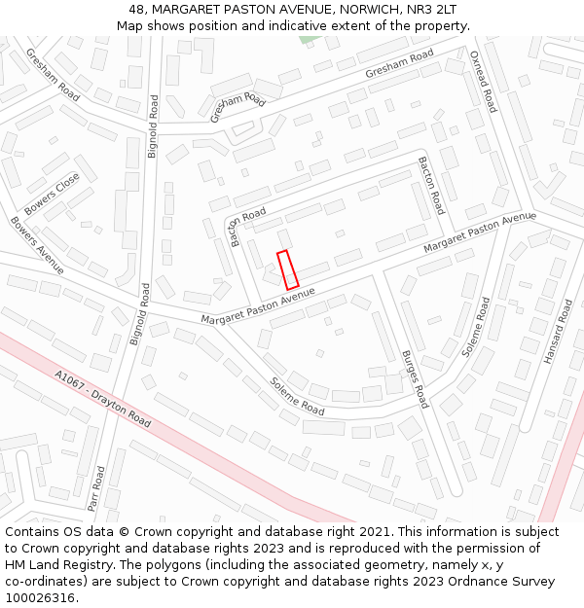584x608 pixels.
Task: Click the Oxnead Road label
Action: coord(484,82)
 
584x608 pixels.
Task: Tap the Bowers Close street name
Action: coord(52,194)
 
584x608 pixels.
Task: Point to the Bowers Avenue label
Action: coord(37,244)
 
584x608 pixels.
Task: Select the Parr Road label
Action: coord(95,487)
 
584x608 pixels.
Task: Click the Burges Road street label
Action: coord(415,379)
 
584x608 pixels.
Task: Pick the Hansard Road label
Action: coord(559,332)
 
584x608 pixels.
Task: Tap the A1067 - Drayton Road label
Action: coord(102,399)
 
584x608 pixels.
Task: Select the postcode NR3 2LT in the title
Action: coord(431,9)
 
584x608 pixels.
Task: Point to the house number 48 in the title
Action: coord(136,9)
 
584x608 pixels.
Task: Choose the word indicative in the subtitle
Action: coord(293,25)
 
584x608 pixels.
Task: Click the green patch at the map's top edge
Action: coord(309,39)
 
